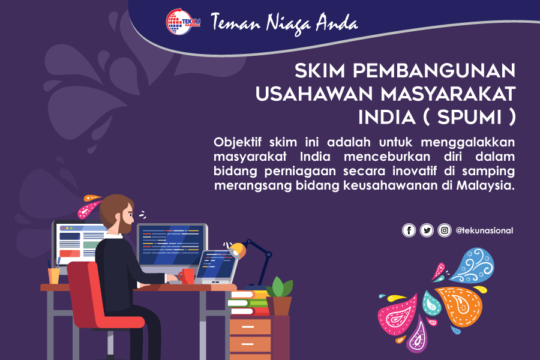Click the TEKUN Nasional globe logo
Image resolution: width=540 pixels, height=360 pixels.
(x=183, y=22)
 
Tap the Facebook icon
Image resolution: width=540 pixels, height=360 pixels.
(x=409, y=230)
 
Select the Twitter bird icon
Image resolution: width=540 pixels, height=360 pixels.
(x=427, y=230)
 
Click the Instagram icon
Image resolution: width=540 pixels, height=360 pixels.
(x=445, y=230)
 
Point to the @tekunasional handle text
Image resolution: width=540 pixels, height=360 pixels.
(x=484, y=230)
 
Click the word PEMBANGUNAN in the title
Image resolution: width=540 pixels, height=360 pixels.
(x=434, y=71)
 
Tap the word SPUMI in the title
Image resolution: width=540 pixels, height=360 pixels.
(x=469, y=117)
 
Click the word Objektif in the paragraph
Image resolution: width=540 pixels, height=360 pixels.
(x=238, y=142)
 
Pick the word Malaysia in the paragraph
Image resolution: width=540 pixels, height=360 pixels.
(x=485, y=185)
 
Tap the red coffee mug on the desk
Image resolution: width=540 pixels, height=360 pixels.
(x=187, y=276)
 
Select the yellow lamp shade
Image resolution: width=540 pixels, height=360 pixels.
(x=237, y=250)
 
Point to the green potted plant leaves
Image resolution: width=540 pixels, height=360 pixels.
(x=279, y=287)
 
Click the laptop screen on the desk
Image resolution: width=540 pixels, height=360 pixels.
(x=215, y=265)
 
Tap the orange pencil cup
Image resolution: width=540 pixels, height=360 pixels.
(x=54, y=276)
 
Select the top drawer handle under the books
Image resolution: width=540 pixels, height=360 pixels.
(x=248, y=327)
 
